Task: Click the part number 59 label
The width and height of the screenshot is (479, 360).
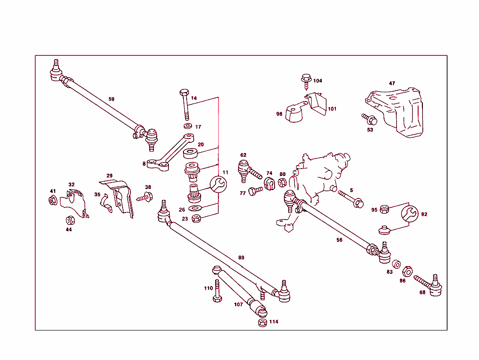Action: (111, 99)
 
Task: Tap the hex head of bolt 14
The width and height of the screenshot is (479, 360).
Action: (184, 92)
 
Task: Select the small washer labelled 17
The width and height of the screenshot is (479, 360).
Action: (188, 126)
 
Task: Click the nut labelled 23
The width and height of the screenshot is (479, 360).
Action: (196, 218)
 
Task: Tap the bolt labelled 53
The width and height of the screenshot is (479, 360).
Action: (368, 119)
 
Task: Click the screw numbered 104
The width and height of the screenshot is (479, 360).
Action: (306, 81)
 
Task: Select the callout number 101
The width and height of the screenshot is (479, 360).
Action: (332, 109)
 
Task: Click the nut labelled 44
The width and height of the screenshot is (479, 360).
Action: (69, 220)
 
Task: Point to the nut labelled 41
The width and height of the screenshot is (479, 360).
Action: (53, 201)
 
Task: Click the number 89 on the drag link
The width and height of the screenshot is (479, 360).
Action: (241, 258)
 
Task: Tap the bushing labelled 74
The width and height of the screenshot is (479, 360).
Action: (269, 184)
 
